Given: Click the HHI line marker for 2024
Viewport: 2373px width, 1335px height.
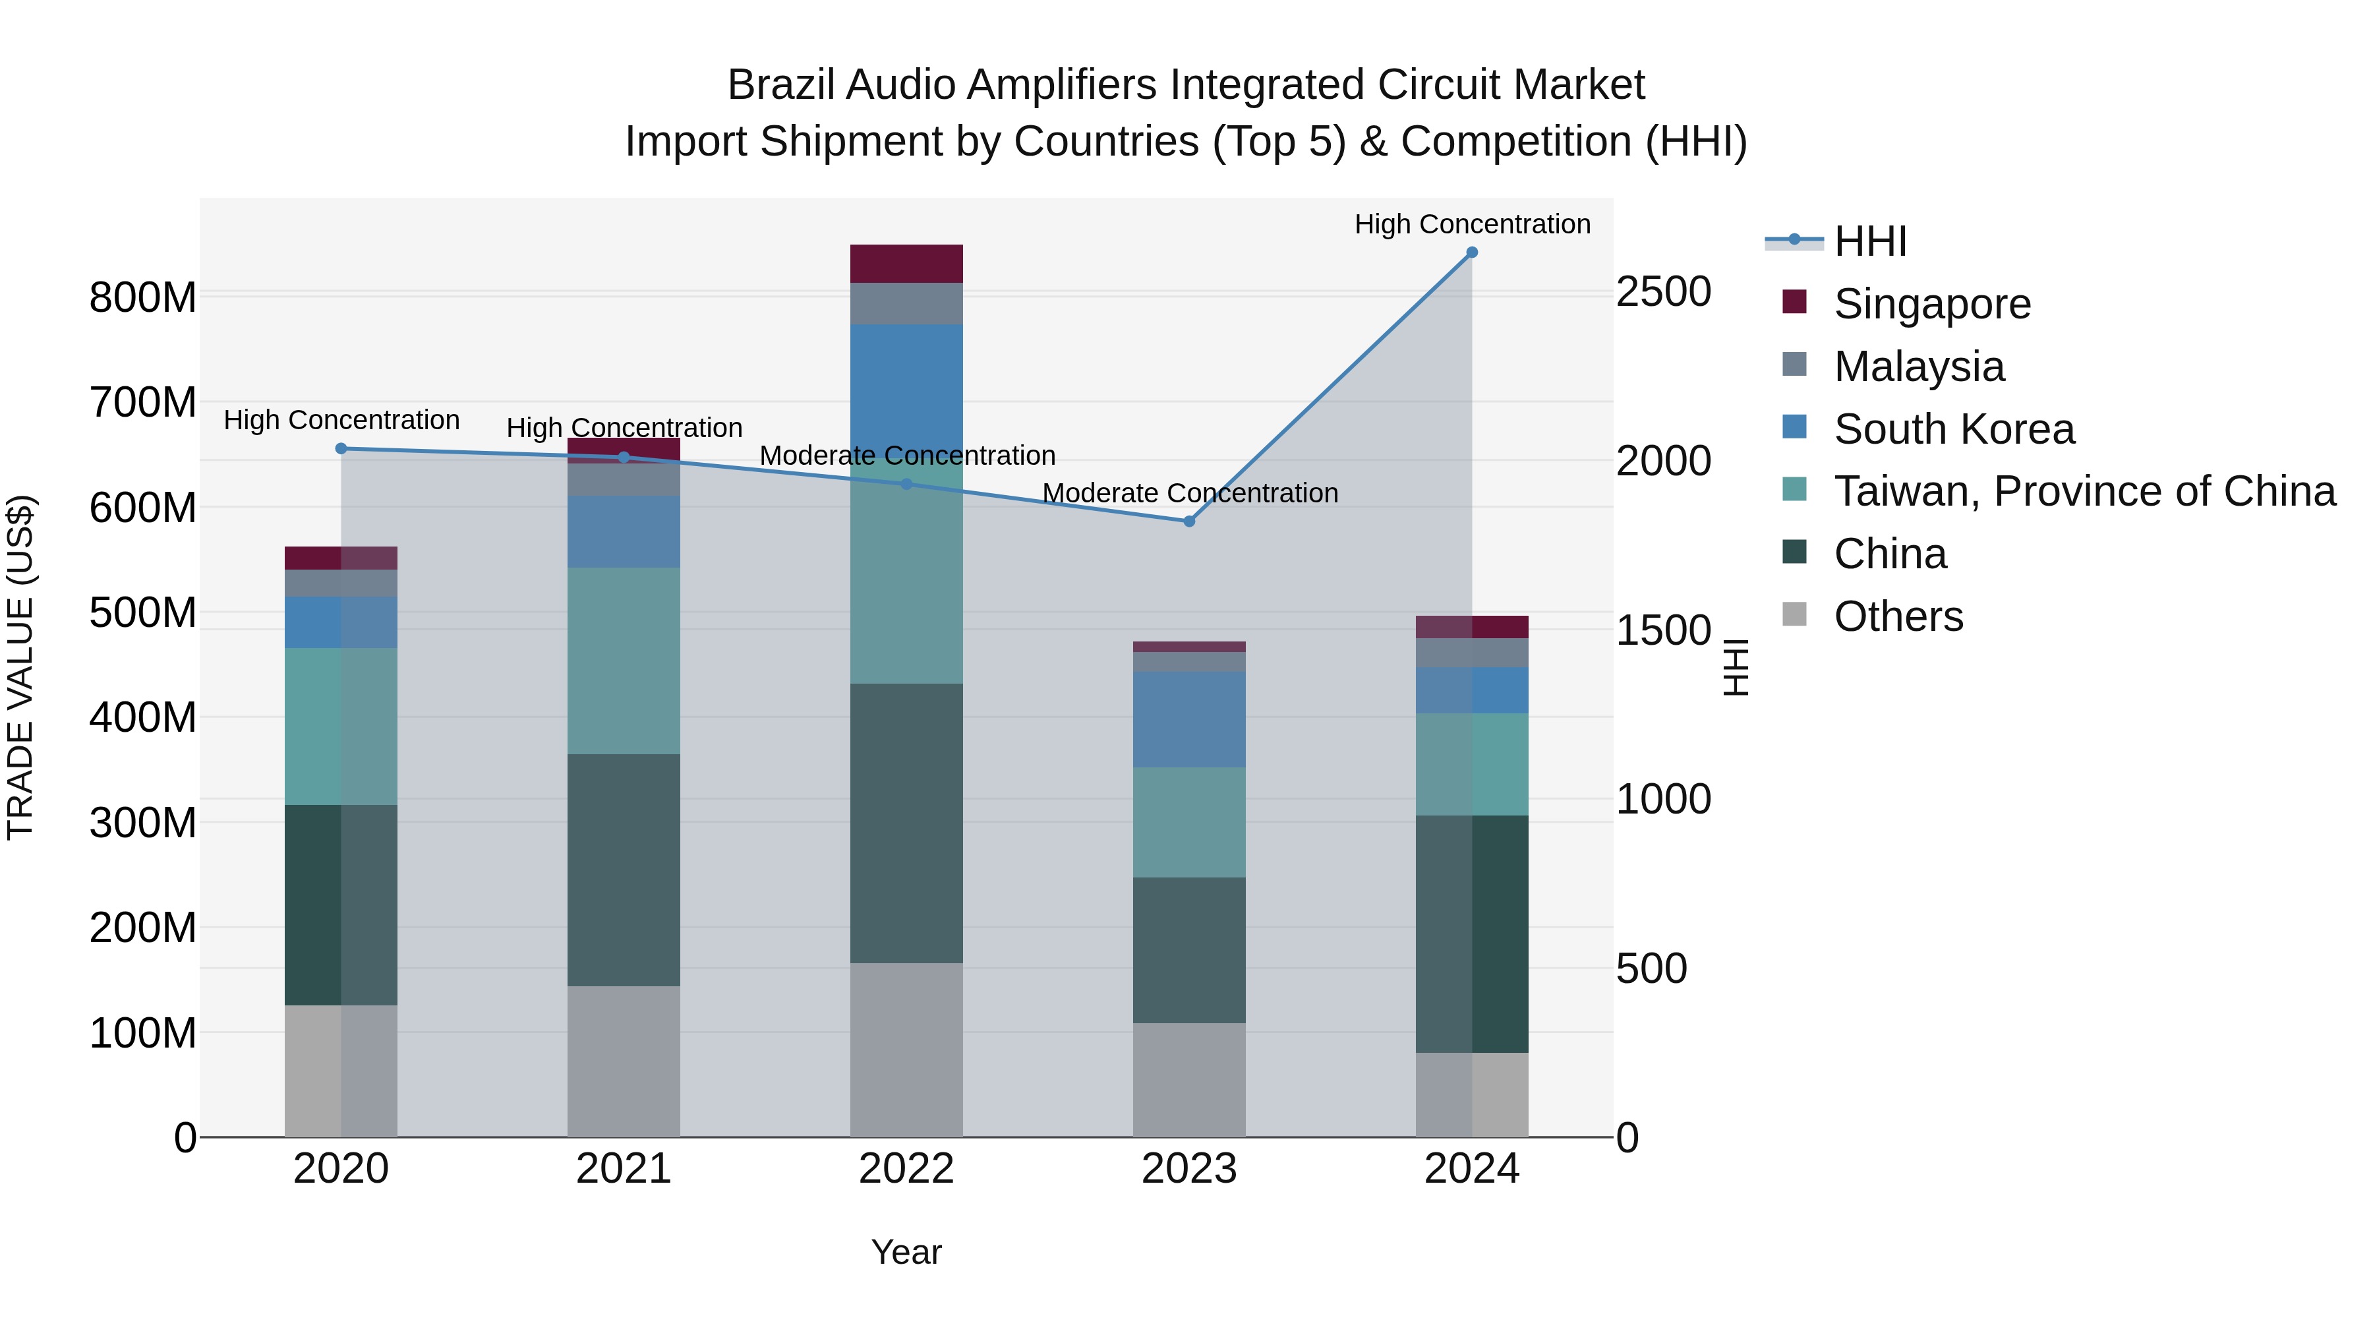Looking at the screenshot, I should (x=1471, y=252).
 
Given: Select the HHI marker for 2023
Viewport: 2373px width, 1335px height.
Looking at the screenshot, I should (x=1188, y=521).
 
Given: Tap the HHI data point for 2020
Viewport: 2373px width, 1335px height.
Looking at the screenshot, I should (x=341, y=449).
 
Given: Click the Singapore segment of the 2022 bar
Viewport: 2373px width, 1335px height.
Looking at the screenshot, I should (x=906, y=264).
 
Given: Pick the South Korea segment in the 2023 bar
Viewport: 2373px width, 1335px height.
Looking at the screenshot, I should (x=1188, y=719).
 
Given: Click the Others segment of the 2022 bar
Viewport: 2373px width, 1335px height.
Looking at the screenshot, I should (x=906, y=1050).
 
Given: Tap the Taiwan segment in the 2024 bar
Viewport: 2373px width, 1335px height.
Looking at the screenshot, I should (x=1471, y=764).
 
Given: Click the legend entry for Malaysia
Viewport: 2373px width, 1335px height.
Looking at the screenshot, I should (x=1918, y=367).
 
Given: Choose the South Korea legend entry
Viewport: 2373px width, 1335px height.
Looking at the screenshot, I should (x=1953, y=429).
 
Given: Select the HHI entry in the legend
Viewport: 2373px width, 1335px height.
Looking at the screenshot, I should (x=1870, y=241).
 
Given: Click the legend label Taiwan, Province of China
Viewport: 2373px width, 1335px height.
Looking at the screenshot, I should (x=2084, y=491).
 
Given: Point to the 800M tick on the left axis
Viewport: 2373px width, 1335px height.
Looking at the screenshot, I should (x=143, y=297).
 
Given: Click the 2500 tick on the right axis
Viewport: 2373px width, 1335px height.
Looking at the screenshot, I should (x=1663, y=292).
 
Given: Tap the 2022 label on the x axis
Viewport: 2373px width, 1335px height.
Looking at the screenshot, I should (x=906, y=1169).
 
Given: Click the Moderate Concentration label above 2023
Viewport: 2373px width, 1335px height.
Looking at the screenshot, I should (x=1189, y=493).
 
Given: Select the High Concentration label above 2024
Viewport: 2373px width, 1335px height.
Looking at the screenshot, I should (x=1471, y=224).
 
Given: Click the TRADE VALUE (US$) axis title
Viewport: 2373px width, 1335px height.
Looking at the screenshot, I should (x=20, y=667).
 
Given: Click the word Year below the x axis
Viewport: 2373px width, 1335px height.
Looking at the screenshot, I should (x=906, y=1252).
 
